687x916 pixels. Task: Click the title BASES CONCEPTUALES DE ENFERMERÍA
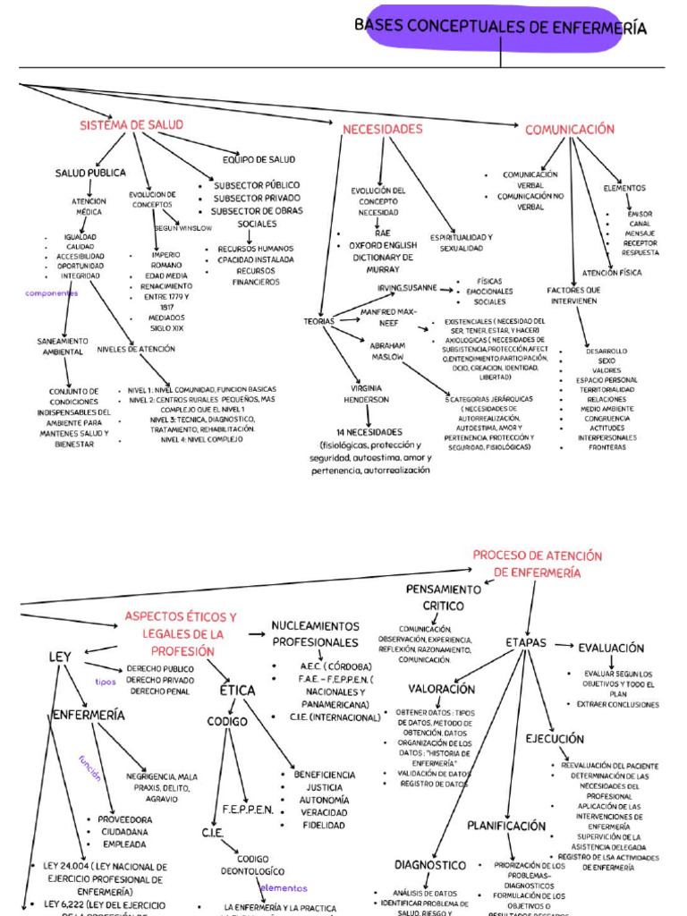(500, 28)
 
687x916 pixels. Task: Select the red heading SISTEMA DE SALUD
(131, 124)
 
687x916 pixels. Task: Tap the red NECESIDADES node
(382, 129)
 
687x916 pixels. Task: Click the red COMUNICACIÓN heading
(570, 129)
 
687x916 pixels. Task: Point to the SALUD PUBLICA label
(90, 173)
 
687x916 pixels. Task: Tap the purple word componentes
(52, 293)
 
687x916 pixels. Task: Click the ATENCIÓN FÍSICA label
(611, 273)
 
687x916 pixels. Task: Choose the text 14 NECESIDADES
(369, 432)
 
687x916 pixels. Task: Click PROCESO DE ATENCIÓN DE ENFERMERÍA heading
(537, 564)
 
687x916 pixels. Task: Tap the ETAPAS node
(526, 642)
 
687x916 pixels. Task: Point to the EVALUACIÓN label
(611, 648)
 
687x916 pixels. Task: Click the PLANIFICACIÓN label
(506, 826)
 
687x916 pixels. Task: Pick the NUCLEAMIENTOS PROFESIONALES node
(315, 634)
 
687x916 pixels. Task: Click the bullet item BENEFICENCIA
(324, 775)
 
